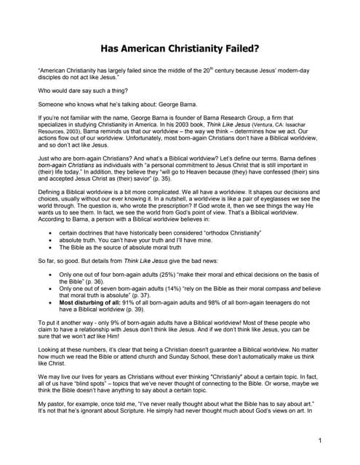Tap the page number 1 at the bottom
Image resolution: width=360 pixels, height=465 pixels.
320,440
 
